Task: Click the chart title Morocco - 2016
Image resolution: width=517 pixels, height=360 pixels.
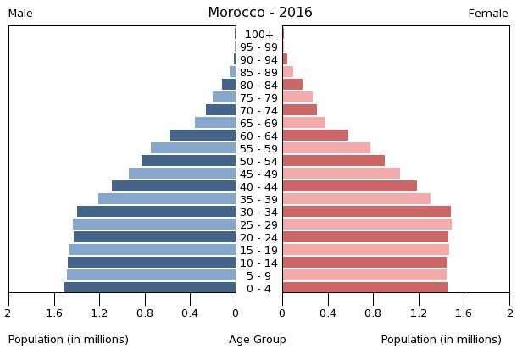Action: coord(259,13)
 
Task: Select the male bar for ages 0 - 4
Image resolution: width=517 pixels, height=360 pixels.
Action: coord(150,288)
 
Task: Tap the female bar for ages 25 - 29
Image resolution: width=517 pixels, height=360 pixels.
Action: coord(366,224)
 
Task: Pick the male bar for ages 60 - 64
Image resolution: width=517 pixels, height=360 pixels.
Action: coord(203,136)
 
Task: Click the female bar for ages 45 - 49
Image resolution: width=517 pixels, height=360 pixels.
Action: coord(341,174)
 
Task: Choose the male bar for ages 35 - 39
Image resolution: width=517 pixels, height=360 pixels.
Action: coord(167,199)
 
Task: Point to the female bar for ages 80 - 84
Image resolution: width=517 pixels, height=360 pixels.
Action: coord(292,85)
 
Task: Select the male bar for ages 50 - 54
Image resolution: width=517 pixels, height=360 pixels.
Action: coord(188,161)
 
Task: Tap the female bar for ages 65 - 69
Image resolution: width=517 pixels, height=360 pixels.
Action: coord(303,123)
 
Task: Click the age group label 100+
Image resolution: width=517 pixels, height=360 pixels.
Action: coord(258,35)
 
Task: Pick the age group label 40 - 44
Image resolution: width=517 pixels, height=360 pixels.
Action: coord(258,187)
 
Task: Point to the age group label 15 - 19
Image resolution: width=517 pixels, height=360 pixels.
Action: coord(258,251)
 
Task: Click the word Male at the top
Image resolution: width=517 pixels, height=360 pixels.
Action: coord(20,14)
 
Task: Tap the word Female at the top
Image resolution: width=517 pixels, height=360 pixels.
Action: coord(488,14)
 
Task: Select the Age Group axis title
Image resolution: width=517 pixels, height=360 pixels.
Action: coord(258,340)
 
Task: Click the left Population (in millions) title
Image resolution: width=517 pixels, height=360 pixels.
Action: coord(69,340)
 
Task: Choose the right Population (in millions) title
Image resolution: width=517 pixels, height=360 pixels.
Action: coord(441,340)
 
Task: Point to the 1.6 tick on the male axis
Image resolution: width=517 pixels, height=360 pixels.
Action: coord(54,313)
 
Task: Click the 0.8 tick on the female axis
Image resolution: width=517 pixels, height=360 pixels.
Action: coord(373,313)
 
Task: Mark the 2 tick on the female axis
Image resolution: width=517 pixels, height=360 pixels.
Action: coord(509,313)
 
